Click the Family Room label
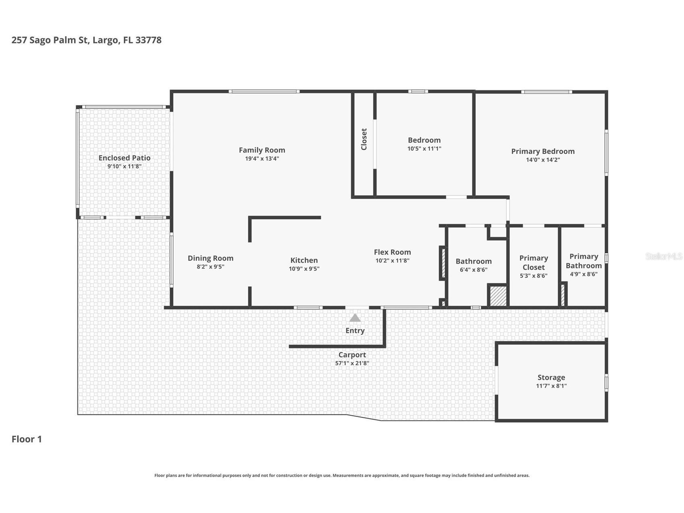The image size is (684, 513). (x=262, y=150)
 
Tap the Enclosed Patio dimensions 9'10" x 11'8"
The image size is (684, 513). (x=124, y=166)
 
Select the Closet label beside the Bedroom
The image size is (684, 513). (x=364, y=139)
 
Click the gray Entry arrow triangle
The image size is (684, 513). (x=355, y=318)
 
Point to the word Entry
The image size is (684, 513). (x=355, y=331)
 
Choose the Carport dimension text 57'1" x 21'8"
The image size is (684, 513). (x=352, y=363)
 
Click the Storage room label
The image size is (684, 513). (x=551, y=377)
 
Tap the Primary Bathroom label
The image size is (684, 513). (x=583, y=261)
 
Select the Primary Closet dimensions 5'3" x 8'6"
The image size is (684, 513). (x=533, y=276)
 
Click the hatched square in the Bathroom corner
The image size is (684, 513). (x=498, y=296)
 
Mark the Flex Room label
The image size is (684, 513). (x=392, y=252)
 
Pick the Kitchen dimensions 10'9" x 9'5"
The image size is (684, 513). (x=304, y=269)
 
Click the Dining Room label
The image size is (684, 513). (x=210, y=258)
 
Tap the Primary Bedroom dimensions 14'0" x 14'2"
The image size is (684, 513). (x=543, y=160)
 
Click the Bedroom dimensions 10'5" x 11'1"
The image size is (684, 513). (x=424, y=148)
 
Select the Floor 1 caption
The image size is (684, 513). (x=27, y=439)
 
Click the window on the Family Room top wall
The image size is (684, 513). (x=264, y=92)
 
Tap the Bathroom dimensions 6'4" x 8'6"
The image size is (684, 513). (x=473, y=270)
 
